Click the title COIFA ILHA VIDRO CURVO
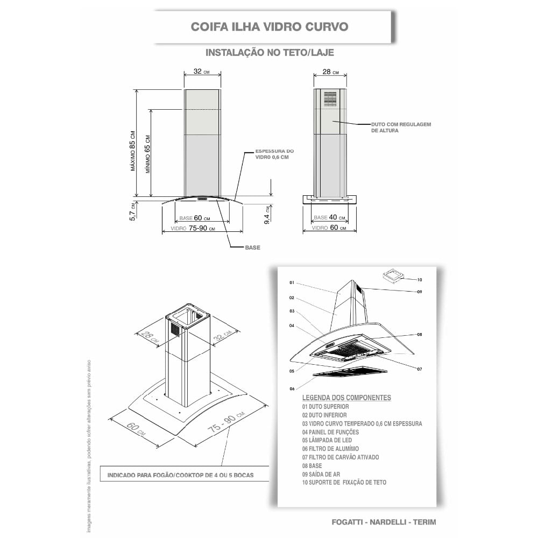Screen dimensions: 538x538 pos(270,27)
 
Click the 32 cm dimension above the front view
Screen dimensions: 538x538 pos(201,72)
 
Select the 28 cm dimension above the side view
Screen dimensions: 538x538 pos(330,72)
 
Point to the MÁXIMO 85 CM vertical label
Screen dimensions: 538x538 pos(133,151)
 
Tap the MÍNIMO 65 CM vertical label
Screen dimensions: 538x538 pos(147,154)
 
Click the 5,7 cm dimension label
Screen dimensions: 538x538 pos(132,211)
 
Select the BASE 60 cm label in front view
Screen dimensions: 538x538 pos(195,218)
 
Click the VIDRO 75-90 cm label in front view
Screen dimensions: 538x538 pos(193,228)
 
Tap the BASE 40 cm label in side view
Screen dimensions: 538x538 pos(329,217)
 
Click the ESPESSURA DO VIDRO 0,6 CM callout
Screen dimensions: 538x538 pos(274,154)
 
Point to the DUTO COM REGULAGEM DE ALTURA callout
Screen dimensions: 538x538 pos(401,128)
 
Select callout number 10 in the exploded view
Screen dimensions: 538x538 pos(419,280)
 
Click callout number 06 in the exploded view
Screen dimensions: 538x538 pos(292,389)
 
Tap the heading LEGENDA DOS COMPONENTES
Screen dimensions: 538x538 pos(346,398)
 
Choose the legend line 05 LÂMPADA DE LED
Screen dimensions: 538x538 pos(327,440)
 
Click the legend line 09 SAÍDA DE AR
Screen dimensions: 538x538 pos(321,474)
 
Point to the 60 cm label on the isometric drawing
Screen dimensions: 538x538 pos(136,429)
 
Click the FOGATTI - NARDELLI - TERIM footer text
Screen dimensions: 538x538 pos(384,522)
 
